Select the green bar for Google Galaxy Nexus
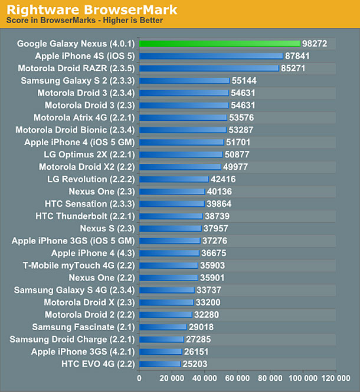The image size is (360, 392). pos(220,44)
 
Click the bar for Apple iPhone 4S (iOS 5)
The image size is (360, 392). pos(211,56)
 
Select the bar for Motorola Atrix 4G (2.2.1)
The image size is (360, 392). pos(183,117)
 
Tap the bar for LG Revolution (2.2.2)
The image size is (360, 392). pos(174,179)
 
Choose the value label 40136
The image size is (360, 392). pos(220,192)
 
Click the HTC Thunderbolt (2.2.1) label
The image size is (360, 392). pos(85,216)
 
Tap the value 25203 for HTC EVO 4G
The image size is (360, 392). pos(195,364)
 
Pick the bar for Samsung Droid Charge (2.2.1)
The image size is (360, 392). pos(161,340)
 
